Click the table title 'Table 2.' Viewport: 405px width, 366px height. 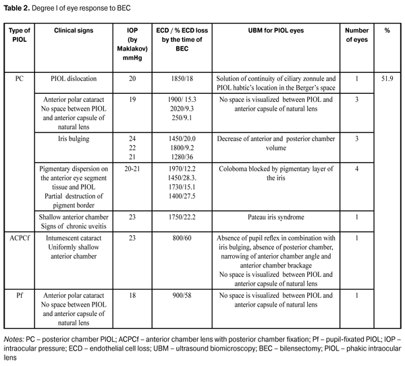point(20,7)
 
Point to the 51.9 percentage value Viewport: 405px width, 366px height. point(387,78)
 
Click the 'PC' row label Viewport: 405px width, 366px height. point(20,78)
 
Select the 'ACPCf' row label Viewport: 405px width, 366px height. point(20,238)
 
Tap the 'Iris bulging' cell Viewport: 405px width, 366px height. point(78,136)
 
